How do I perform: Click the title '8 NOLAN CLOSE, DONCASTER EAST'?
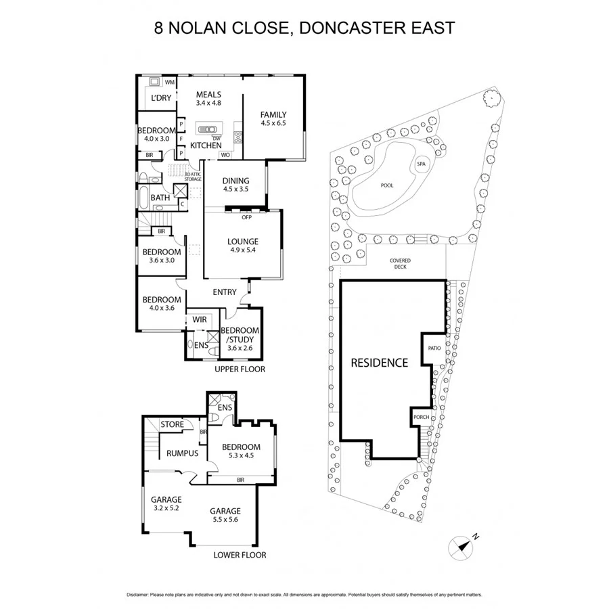304,28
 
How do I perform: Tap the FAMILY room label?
273,119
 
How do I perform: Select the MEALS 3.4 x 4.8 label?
208,99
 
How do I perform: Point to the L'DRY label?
160,98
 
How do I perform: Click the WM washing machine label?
169,82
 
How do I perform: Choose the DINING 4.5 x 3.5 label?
235,185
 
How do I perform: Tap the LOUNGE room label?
243,246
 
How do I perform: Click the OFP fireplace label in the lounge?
246,217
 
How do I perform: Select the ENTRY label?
225,292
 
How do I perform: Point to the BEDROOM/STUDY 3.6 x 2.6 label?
240,338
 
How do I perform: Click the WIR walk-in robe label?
200,319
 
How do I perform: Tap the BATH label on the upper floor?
160,198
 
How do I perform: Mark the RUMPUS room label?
182,453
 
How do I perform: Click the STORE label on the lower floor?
172,424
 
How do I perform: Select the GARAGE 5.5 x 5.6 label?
225,515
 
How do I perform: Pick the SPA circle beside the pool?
421,164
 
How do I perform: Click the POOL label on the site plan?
386,185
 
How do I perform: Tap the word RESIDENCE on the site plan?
379,363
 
